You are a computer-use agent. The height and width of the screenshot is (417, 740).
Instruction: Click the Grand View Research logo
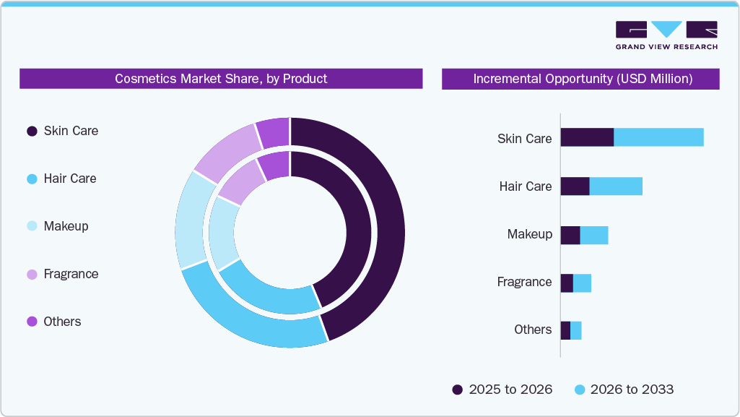[x=666, y=35]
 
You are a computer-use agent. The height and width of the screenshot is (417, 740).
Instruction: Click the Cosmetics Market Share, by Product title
[x=221, y=79]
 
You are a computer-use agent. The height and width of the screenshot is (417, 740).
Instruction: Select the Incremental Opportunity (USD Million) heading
[x=582, y=79]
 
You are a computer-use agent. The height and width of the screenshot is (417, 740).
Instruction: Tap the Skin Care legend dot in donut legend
[x=32, y=132]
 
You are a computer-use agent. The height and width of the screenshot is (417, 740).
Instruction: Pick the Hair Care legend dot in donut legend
[x=32, y=179]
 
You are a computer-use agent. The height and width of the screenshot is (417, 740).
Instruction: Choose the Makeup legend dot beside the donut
[x=32, y=227]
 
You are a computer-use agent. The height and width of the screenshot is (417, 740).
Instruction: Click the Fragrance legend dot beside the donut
[x=32, y=275]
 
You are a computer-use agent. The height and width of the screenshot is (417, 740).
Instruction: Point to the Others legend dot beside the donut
[x=32, y=322]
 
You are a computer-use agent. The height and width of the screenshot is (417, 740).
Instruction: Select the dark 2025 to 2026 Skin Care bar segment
[x=587, y=137]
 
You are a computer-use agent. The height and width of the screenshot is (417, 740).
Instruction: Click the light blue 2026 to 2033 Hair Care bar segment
[x=616, y=186]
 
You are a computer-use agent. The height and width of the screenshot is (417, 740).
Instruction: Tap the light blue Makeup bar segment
[x=594, y=235]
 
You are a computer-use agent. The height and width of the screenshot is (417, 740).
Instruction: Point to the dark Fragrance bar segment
[x=567, y=283]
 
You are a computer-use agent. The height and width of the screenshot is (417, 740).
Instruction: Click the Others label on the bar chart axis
[x=533, y=330]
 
